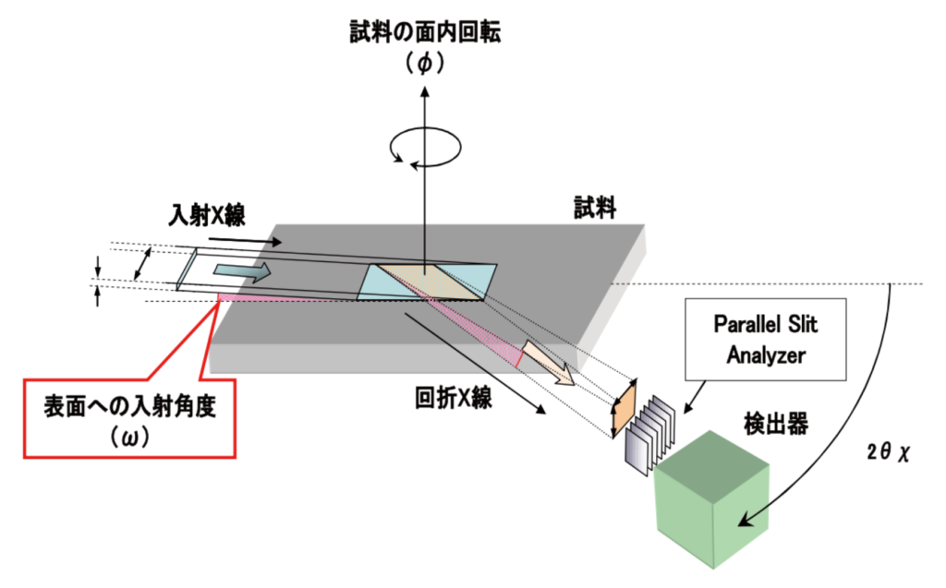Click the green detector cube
(712, 499)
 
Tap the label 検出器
(775, 424)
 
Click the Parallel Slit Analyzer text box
(765, 339)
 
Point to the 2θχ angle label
(887, 451)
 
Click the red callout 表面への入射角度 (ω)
(129, 418)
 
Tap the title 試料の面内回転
(425, 31)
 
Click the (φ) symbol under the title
(425, 63)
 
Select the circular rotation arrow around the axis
(425, 147)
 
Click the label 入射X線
(206, 215)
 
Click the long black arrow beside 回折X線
(474, 364)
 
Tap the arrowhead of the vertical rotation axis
(425, 91)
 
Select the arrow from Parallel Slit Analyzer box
(695, 397)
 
